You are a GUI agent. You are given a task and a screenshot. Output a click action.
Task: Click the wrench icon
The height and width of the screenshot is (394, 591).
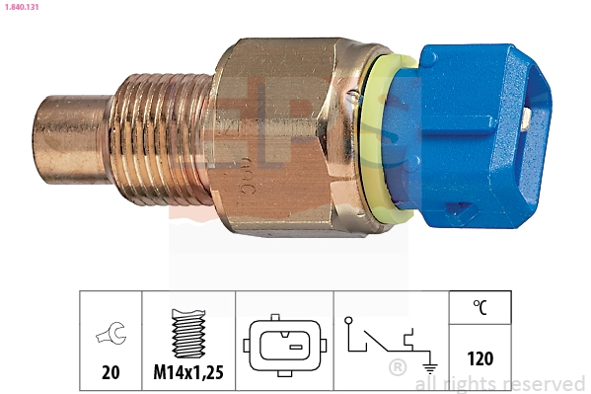click(x=111, y=336)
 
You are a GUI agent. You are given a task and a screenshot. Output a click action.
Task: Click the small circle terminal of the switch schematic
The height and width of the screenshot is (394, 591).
click(x=348, y=320)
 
